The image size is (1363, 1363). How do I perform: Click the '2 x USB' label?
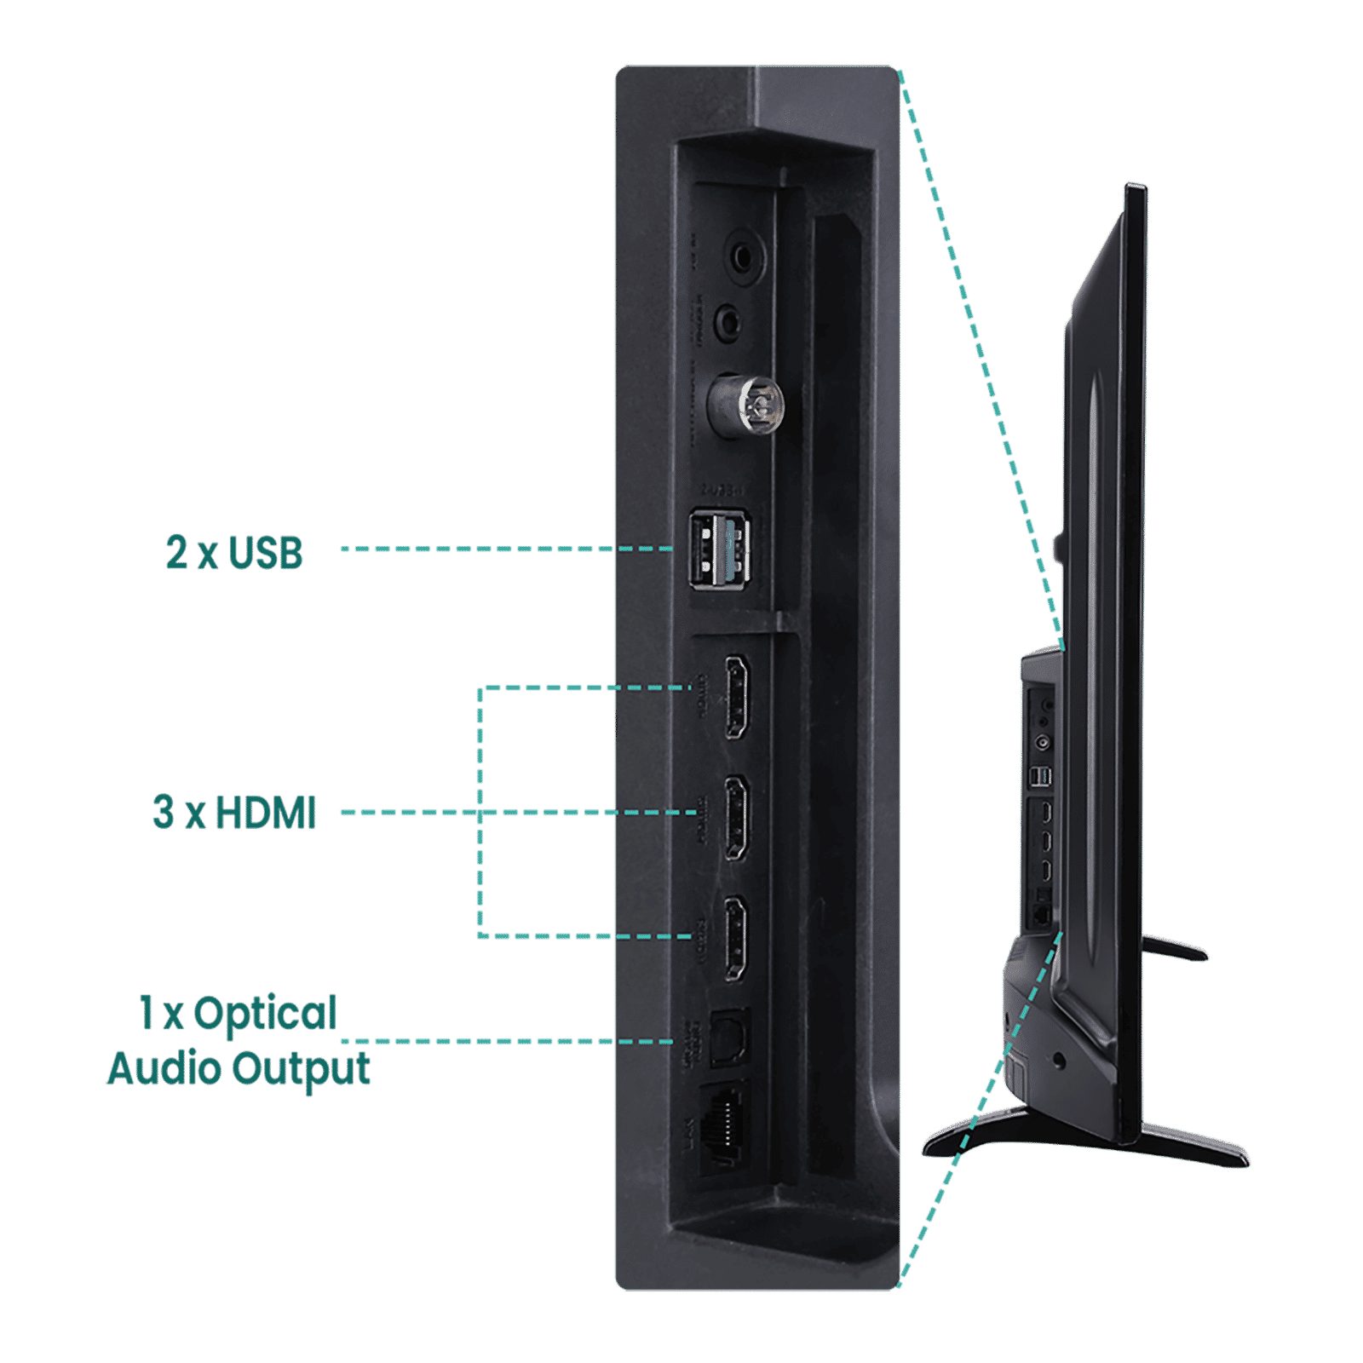tap(234, 553)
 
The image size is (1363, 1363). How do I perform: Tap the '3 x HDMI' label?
tap(234, 813)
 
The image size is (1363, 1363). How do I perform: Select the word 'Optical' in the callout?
tap(264, 1014)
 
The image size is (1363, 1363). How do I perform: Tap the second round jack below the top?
tap(729, 322)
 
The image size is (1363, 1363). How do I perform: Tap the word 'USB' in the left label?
tap(266, 553)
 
